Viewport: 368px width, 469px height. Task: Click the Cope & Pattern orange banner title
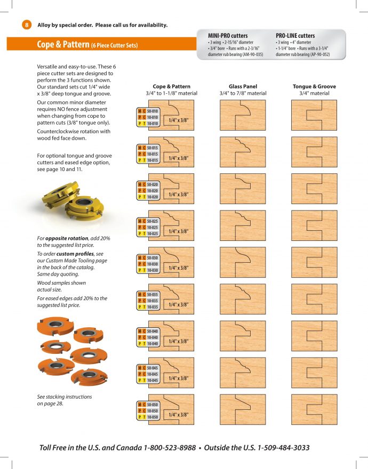[87, 45]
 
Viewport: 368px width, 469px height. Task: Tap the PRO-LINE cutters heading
[295, 36]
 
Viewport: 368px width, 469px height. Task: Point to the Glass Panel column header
[243, 86]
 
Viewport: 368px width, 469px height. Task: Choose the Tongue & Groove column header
[314, 86]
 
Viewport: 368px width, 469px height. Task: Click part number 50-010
[153, 111]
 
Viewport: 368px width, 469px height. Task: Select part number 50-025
[153, 221]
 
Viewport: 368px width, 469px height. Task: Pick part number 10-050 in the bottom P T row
[153, 417]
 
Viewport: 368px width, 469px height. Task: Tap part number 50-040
[153, 331]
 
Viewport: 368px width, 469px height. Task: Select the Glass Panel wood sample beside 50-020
[242, 189]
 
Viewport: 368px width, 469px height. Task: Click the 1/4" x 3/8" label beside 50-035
[178, 304]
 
